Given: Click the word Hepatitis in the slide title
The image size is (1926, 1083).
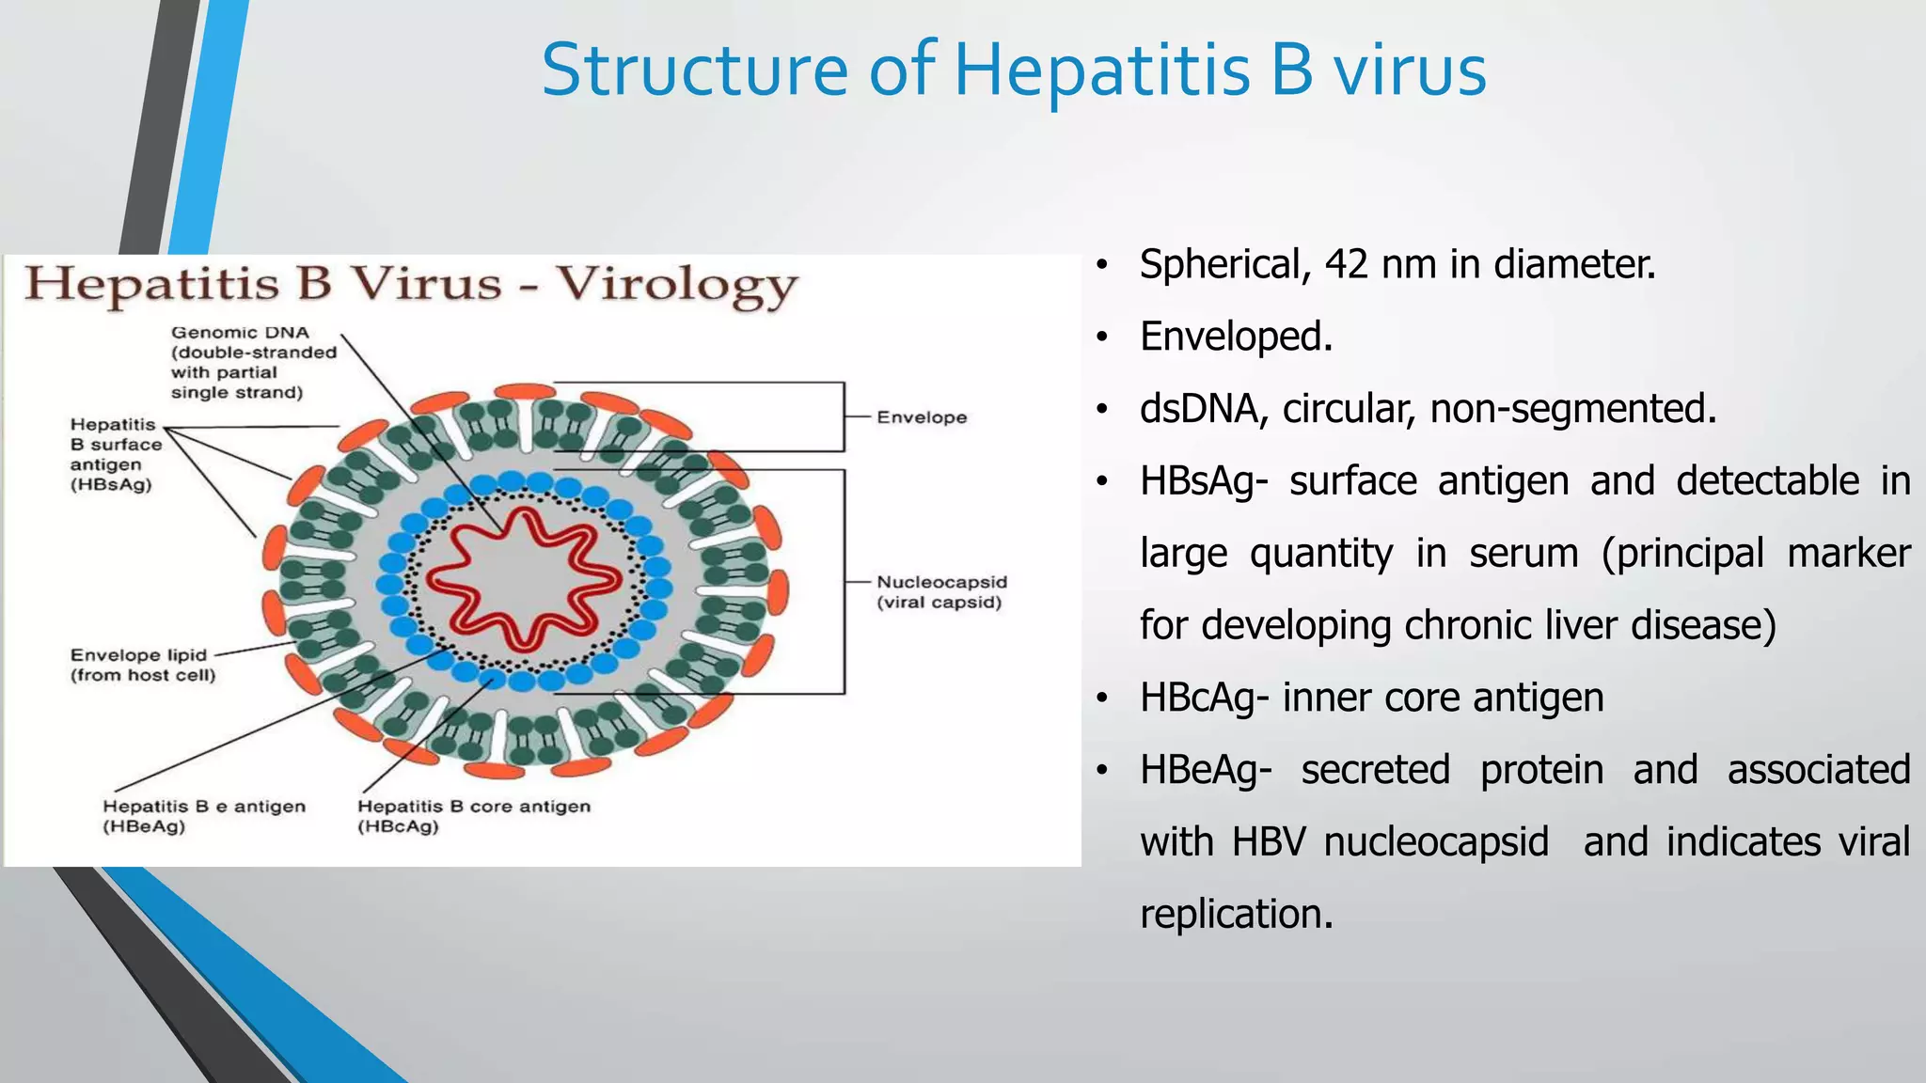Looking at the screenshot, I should [1101, 71].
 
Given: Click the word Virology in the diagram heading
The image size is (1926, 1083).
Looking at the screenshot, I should [676, 285].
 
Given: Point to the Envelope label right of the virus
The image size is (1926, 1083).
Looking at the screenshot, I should [921, 417].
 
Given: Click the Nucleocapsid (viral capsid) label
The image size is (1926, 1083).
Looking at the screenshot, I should [940, 592].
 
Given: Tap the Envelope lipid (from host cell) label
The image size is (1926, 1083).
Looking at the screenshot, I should [142, 665].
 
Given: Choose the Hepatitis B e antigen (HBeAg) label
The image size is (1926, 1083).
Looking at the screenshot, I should [203, 816].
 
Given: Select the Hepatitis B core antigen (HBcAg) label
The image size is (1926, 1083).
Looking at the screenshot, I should [473, 816].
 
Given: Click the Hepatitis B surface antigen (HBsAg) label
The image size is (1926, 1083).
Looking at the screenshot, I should [116, 454].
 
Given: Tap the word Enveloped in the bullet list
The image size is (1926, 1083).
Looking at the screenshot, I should [1235, 337].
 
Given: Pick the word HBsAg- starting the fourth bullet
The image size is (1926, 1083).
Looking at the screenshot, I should [1203, 481].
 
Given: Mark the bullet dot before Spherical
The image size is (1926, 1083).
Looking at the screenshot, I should [1102, 265].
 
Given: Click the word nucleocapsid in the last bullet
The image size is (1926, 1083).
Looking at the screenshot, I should [1436, 842].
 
